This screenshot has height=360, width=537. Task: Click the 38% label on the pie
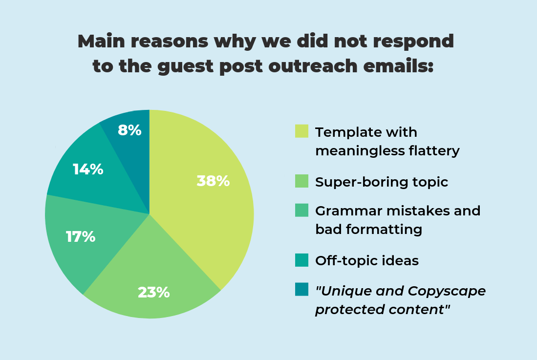[213, 181]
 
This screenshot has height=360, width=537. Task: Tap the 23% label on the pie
[153, 293]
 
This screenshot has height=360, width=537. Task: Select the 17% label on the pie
[81, 237]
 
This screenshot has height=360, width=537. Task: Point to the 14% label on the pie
[88, 169]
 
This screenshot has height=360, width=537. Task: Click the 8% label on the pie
[129, 130]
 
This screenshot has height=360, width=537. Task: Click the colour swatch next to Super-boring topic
[301, 181]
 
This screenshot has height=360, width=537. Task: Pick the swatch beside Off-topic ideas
[301, 260]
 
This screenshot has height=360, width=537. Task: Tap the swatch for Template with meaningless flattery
[301, 131]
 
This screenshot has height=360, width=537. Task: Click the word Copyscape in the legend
[445, 291]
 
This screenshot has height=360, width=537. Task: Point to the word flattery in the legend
[433, 151]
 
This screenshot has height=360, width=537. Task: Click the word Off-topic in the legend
[339, 260]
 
